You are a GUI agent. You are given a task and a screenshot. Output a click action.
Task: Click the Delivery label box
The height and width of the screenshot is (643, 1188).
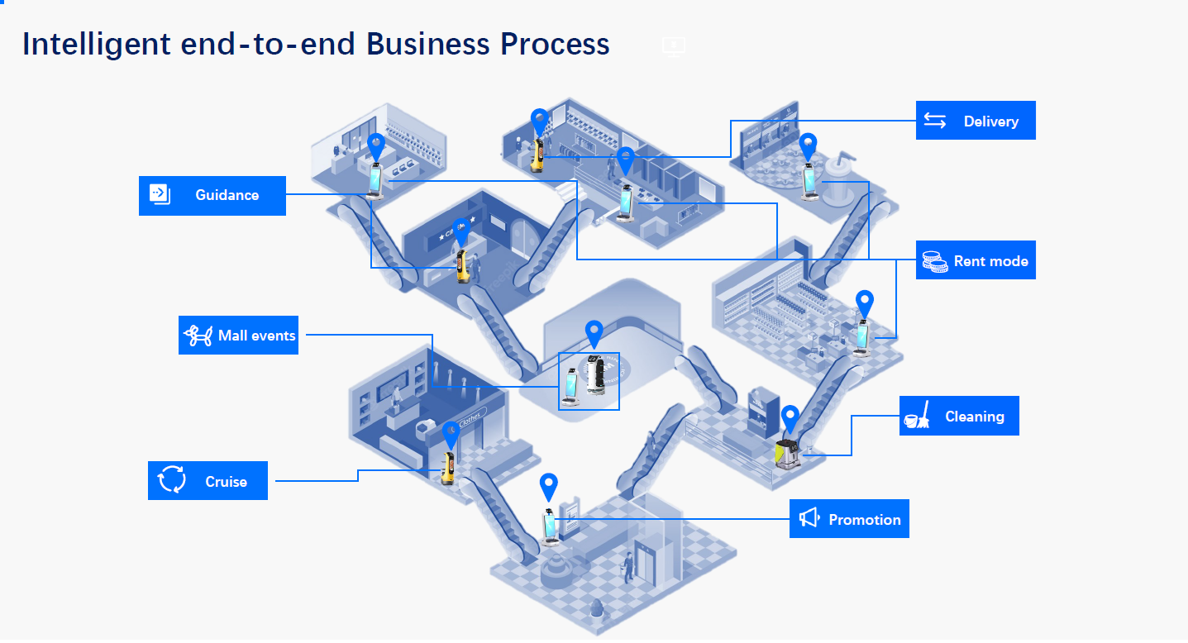tap(976, 121)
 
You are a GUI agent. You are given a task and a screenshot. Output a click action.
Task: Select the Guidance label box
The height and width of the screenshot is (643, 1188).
tap(212, 195)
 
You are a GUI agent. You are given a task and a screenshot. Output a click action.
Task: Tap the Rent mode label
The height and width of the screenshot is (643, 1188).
tap(976, 260)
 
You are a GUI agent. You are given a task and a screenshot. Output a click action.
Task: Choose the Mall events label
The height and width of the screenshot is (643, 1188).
tap(238, 336)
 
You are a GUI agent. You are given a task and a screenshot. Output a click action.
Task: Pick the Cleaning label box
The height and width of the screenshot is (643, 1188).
tap(959, 416)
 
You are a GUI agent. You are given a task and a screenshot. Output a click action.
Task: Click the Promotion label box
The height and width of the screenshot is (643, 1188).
tap(849, 519)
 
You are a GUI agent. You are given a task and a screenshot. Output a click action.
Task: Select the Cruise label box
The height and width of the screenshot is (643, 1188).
tap(208, 481)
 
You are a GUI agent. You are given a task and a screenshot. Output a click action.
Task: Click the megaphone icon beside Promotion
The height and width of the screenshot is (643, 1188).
tap(809, 518)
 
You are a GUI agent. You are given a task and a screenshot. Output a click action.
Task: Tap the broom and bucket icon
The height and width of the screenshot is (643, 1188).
tap(916, 416)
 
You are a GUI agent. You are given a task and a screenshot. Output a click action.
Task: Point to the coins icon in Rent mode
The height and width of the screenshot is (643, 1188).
tap(935, 261)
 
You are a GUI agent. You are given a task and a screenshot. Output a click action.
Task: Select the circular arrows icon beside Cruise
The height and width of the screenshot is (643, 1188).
tap(172, 480)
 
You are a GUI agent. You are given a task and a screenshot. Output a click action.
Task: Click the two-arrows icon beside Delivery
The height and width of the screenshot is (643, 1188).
tap(935, 121)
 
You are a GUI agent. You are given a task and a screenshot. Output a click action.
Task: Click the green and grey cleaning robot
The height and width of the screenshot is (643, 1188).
tap(787, 454)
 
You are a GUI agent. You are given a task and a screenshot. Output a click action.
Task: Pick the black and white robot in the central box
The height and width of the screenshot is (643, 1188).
tap(595, 376)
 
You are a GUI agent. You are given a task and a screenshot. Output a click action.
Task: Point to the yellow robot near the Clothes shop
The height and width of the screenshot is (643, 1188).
tap(449, 466)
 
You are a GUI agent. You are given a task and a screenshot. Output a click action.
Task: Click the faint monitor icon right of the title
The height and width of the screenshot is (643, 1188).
tap(674, 46)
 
